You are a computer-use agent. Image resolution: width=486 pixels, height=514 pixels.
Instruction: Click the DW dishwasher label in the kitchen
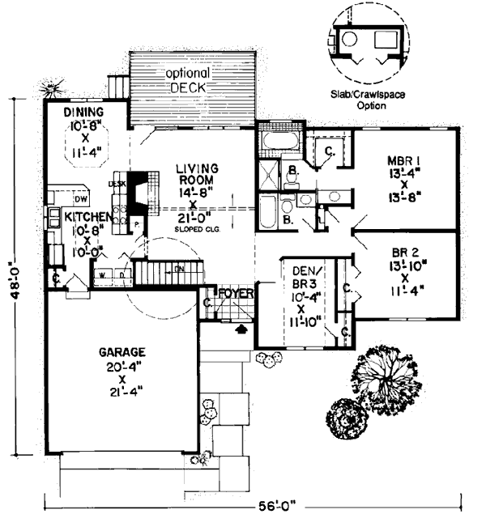(x=80, y=198)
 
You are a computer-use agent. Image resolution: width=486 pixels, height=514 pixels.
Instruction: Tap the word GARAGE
(x=122, y=353)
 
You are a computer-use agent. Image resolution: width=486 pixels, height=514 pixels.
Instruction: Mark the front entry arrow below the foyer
(x=240, y=329)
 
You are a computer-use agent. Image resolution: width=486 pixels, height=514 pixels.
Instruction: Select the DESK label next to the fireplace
(x=115, y=184)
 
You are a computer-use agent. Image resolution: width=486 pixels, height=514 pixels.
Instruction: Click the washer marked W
(x=103, y=275)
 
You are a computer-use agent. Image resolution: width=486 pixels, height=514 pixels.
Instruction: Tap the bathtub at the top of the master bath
(x=277, y=142)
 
